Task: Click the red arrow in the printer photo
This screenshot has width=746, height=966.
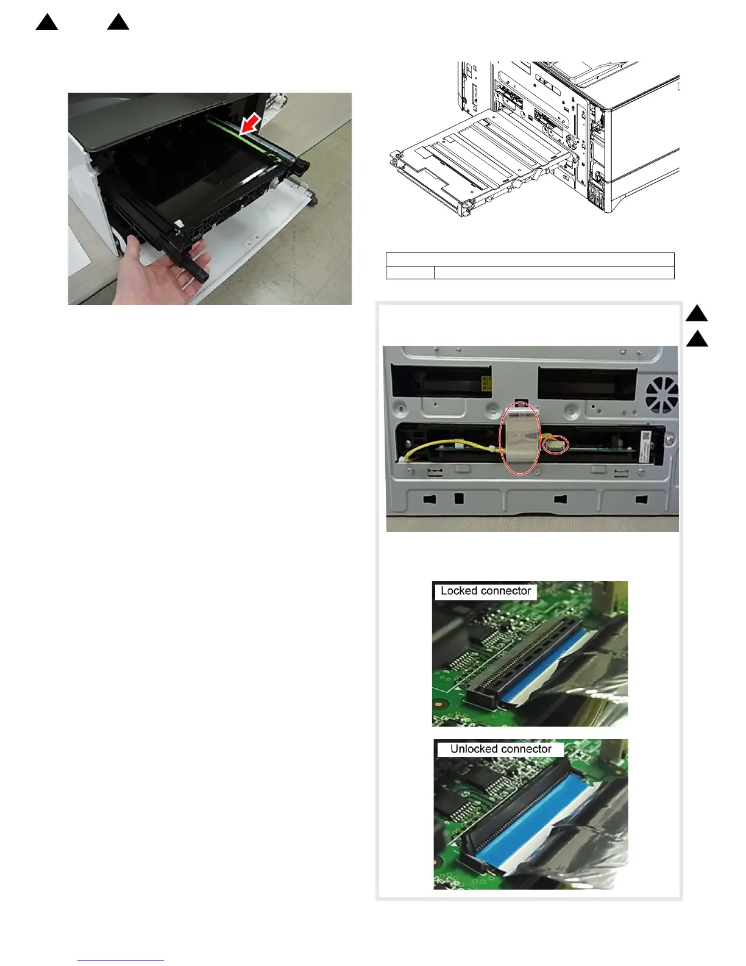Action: tap(250, 124)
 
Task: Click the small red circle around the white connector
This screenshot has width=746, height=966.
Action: tap(556, 445)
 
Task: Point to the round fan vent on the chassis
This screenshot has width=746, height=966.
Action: tap(662, 395)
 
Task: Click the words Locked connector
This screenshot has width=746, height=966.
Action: tap(485, 591)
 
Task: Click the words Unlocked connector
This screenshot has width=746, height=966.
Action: tap(500, 749)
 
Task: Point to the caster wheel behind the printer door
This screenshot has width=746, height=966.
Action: tap(313, 199)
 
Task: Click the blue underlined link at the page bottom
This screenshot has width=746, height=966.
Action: tap(121, 961)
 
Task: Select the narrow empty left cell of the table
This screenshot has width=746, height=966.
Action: tap(410, 273)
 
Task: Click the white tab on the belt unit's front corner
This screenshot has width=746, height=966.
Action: tap(179, 225)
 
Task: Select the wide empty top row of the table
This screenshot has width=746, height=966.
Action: tap(530, 259)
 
